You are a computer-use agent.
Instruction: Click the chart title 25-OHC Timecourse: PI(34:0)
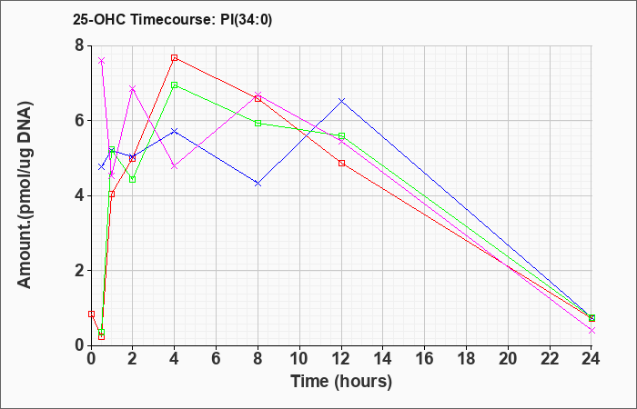172,19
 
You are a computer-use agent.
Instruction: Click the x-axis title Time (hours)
341,382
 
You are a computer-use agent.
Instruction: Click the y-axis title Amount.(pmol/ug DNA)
25,195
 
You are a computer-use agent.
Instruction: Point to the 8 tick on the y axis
79,45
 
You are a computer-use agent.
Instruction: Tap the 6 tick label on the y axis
79,121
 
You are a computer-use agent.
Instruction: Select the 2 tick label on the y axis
79,271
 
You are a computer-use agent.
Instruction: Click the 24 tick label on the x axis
591,358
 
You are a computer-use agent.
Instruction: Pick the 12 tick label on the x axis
341,358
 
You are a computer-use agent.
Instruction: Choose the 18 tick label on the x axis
466,358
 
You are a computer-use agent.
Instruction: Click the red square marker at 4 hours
175,57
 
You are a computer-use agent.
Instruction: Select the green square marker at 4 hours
175,85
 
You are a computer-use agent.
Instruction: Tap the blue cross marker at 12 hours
341,101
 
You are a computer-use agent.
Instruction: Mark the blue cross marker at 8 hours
258,184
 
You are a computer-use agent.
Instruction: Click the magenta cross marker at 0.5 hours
102,61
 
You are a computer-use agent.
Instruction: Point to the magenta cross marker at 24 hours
591,330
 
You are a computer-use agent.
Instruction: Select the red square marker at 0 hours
91,314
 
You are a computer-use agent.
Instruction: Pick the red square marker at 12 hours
341,163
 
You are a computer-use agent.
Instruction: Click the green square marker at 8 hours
258,123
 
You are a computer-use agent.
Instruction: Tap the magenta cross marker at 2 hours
133,88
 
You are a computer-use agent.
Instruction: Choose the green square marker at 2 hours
133,179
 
